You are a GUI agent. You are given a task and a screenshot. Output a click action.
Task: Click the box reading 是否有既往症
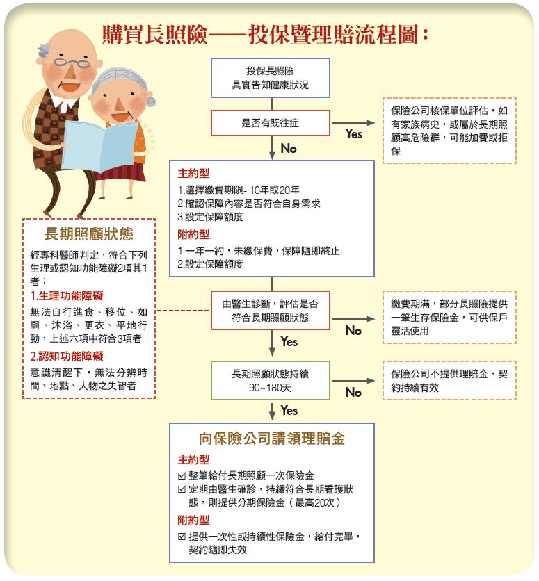(271, 122)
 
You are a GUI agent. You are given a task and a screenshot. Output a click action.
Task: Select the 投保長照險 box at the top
(271, 78)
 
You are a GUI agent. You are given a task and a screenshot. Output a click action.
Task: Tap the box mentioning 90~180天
(271, 381)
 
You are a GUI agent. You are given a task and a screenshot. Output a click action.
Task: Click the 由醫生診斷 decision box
(271, 311)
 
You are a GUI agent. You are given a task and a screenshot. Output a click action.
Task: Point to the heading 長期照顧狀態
(88, 234)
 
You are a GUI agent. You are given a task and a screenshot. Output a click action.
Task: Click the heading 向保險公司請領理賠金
(272, 439)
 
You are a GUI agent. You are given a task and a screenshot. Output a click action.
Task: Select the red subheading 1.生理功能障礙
(67, 295)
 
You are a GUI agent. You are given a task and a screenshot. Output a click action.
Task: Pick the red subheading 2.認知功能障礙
(67, 356)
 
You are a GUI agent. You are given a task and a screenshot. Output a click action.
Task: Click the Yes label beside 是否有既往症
(353, 133)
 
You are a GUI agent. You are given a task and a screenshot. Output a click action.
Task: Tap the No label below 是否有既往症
(289, 149)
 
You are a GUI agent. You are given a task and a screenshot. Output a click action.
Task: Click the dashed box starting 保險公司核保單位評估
(449, 131)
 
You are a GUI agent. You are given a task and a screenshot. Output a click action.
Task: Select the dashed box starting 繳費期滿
(449, 317)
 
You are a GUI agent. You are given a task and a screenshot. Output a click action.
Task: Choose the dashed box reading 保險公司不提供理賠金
(449, 381)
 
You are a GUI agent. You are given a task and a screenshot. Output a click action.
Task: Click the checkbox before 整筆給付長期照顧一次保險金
(182, 476)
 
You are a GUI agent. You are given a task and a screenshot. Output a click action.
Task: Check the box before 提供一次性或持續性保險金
(182, 537)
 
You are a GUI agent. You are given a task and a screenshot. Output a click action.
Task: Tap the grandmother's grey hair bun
(152, 101)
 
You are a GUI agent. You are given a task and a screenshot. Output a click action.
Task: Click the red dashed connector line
(183, 311)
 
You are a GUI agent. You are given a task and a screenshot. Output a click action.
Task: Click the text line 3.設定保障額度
(210, 217)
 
